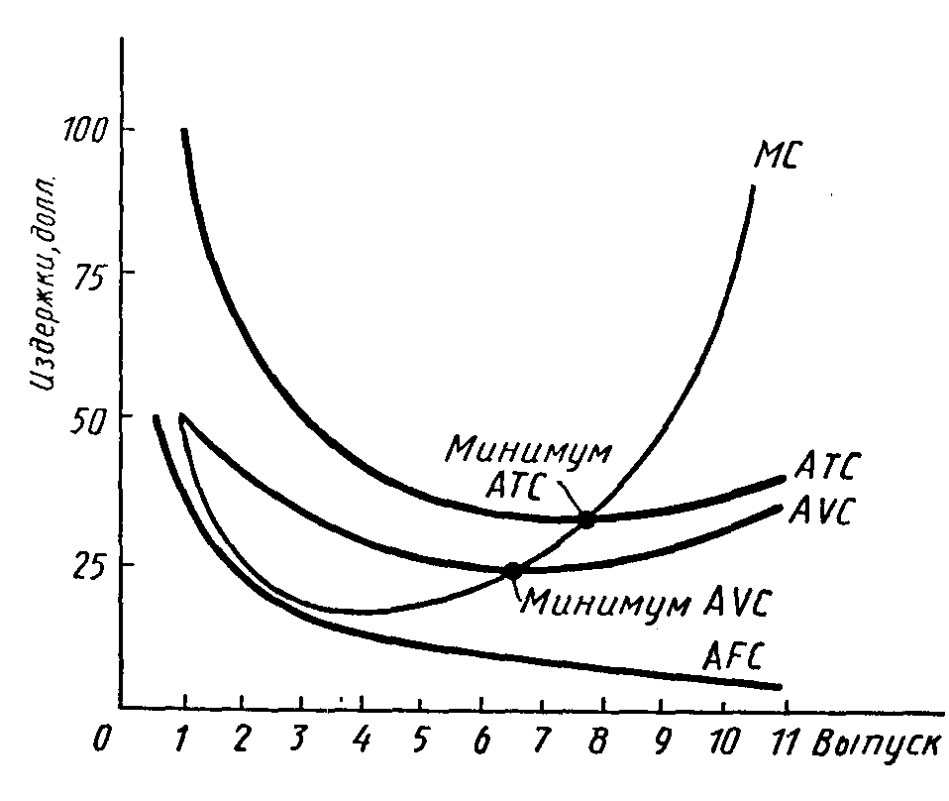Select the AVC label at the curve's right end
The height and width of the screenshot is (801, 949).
tap(824, 513)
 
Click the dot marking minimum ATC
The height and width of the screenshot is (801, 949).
tap(587, 518)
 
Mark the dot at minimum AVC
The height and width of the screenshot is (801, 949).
tap(513, 571)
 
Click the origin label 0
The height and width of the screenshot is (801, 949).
tap(97, 741)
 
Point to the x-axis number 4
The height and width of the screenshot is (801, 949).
tap(363, 740)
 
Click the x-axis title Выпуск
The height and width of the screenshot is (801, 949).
tap(875, 743)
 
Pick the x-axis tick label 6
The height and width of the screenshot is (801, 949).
tap(482, 740)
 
